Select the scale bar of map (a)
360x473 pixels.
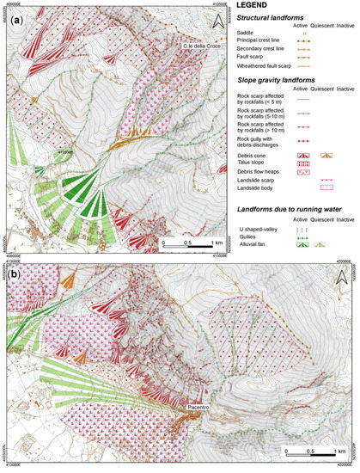coord(186,239)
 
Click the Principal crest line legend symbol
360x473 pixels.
coord(304,40)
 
